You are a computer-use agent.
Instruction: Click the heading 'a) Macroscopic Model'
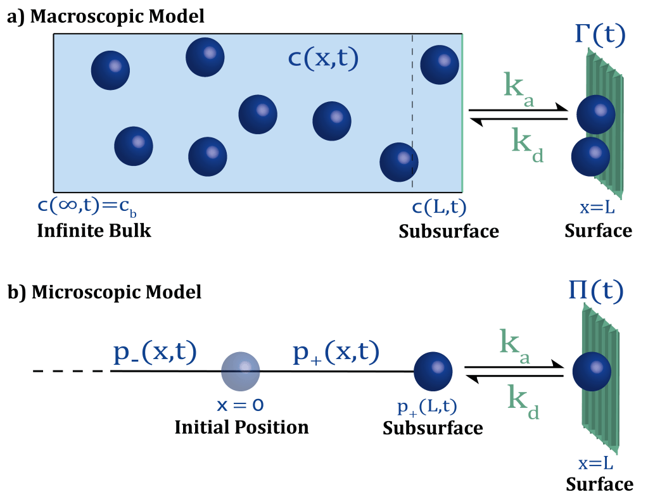(x=105, y=16)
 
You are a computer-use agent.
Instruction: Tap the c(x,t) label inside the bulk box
(x=323, y=58)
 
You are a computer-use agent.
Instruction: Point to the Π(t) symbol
(x=595, y=292)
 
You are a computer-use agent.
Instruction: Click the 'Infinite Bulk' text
(x=94, y=230)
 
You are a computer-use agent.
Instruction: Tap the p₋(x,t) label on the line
(x=155, y=352)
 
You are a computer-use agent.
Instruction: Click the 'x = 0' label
(x=240, y=403)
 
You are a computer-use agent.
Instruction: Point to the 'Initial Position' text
(x=241, y=427)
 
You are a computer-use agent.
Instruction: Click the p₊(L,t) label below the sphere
(x=427, y=405)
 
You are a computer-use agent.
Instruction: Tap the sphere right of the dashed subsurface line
(x=440, y=64)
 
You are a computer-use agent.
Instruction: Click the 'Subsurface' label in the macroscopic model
(x=448, y=232)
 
